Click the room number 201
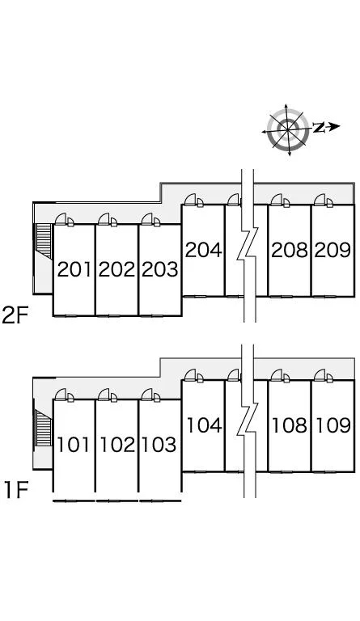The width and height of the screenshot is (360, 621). pos(74,270)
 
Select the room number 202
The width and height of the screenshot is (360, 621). pos(116,270)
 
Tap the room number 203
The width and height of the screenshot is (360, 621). pos(160,270)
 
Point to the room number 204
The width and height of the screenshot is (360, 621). pos(203,250)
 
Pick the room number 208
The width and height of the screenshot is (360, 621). pos(290,250)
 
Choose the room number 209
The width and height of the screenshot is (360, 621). pos(332,250)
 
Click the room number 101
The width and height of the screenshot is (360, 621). pos(74,445)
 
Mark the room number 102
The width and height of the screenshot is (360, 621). pos(117,445)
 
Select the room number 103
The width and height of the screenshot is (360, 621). pos(159,445)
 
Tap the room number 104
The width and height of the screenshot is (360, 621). pos(204,425)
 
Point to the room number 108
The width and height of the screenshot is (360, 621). pos(290,425)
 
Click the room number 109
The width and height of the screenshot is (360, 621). pos(333,425)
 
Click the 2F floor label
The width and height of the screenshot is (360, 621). pos(15,315)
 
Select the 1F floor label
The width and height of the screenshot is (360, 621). pos(17,489)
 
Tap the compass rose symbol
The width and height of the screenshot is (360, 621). pos(288,129)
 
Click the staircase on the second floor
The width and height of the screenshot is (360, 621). pos(44,241)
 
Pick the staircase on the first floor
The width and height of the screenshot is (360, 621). pos(44,428)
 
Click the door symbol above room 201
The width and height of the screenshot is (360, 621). pos(65,219)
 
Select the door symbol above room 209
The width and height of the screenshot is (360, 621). pos(324,200)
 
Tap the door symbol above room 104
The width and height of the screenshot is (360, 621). pos(194,375)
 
